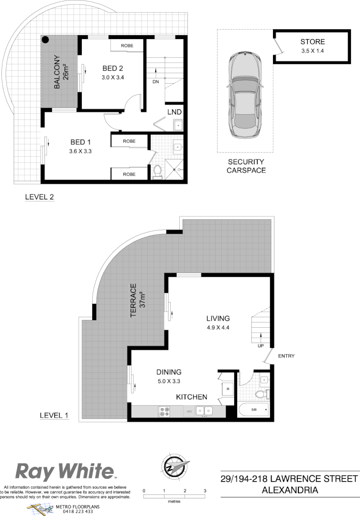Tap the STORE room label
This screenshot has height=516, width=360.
(313, 42)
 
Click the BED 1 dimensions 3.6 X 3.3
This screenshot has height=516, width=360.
(80, 151)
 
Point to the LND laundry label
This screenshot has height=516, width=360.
(174, 112)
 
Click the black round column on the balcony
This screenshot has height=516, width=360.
(45, 41)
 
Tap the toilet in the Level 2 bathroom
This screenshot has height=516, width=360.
(157, 172)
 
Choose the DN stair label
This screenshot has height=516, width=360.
(156, 82)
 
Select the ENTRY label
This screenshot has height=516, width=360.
(286, 356)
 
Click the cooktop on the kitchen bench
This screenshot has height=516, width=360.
(164, 411)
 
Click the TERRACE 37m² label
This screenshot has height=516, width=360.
(137, 301)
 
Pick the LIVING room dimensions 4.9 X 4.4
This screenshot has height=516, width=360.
(218, 328)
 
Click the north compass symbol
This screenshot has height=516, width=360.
(175, 466)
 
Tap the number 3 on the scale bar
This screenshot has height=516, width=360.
(205, 491)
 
